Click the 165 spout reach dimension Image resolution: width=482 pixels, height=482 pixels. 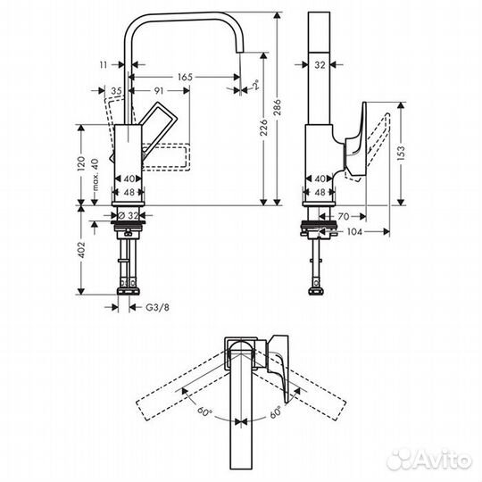(x=185, y=78)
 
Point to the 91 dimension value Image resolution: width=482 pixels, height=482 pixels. (x=157, y=90)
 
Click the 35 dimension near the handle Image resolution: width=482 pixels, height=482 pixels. (x=117, y=90)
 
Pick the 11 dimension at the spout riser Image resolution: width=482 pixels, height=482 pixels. (x=104, y=64)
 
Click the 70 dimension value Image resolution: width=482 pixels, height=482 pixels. (x=343, y=215)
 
